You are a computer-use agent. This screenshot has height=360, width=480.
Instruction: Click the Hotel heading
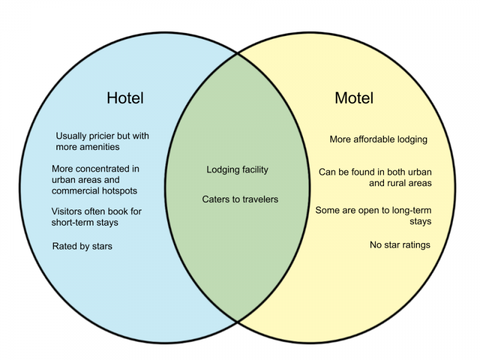(125, 98)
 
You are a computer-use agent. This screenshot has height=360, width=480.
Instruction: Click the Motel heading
(354, 98)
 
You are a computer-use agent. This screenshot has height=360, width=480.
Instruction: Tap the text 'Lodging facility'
(237, 170)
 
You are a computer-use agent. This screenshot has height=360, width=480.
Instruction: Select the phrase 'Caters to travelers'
(240, 199)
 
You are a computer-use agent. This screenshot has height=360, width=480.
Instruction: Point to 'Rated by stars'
(82, 246)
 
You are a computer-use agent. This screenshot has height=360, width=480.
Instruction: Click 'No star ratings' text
(400, 245)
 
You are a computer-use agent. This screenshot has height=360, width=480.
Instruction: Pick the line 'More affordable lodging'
(379, 139)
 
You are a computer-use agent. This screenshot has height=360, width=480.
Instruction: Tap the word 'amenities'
(100, 147)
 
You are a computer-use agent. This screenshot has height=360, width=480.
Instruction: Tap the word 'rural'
(397, 183)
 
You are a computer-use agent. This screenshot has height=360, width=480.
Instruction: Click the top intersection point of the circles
(238, 54)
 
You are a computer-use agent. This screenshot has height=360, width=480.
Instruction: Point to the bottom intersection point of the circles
(238, 322)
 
